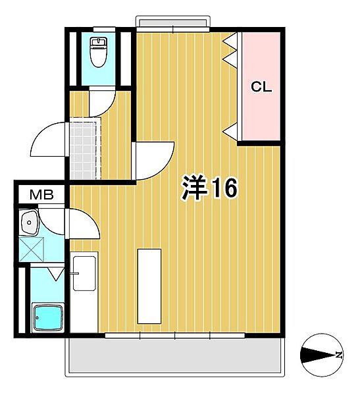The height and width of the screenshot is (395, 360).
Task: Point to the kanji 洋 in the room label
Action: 194,189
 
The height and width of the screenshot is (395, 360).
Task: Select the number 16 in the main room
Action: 223,189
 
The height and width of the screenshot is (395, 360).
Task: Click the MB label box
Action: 41,195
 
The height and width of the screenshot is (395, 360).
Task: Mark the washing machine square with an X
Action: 31,250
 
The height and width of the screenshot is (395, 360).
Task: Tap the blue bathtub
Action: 47,319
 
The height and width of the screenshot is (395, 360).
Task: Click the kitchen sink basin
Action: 84,273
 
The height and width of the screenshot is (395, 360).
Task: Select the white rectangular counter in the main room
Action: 149,286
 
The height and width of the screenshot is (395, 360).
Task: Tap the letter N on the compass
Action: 338,355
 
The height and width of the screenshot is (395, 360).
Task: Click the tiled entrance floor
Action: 84,150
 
